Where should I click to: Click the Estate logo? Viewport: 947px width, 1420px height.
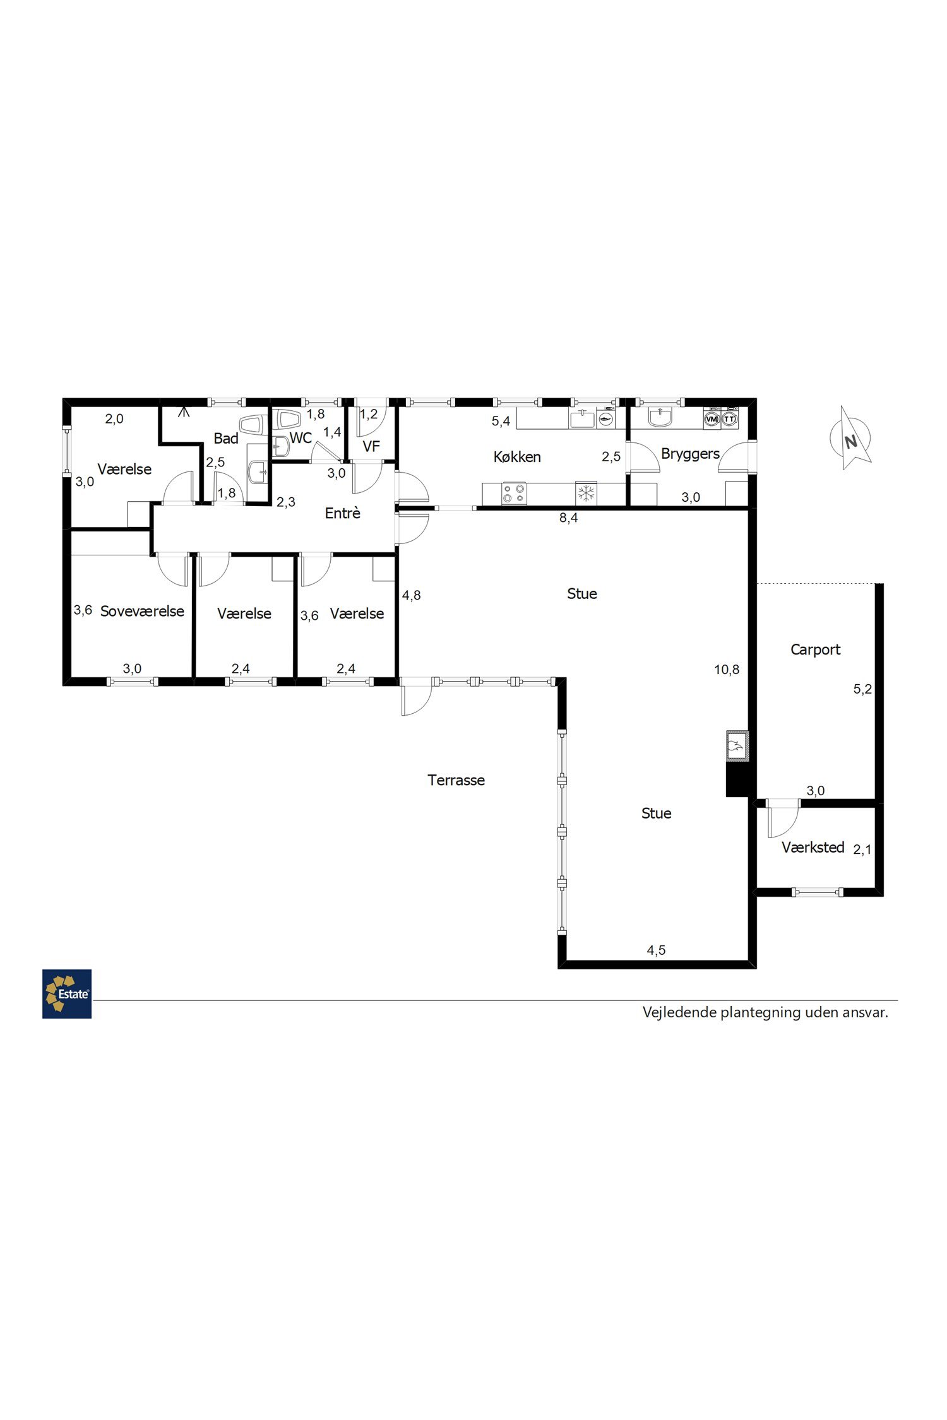67,993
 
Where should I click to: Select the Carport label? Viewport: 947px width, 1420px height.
815,649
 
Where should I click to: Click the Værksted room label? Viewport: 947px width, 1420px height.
813,848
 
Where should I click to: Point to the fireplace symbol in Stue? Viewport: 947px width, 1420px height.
737,746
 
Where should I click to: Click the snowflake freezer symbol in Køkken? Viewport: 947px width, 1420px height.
587,493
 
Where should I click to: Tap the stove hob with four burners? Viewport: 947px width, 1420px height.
515,493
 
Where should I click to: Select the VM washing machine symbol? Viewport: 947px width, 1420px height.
712,419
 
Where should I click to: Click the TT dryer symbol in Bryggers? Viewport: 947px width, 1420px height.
730,419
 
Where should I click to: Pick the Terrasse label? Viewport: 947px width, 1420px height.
456,780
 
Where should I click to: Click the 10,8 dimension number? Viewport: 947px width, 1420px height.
727,670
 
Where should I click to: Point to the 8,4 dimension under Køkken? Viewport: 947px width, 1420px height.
569,518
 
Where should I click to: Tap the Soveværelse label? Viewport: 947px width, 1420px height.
142,611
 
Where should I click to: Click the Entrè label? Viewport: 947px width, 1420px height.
342,513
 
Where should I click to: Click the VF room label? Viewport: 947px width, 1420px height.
371,446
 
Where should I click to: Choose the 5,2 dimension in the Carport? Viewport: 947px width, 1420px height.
862,689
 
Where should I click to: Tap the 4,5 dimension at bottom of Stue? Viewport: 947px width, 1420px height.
656,950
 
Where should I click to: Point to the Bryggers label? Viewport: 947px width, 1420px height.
690,454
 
